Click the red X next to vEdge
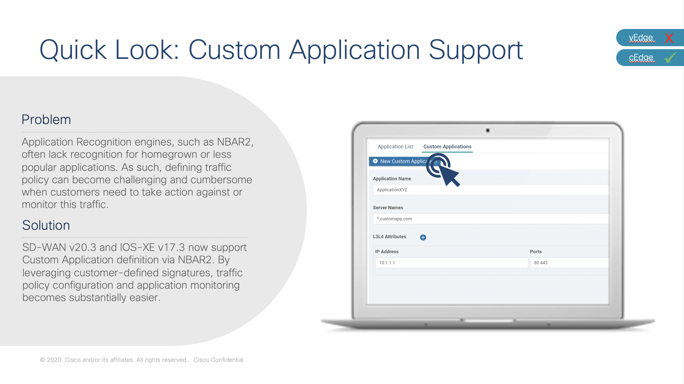point(669,38)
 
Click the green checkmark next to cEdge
point(670,58)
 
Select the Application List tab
point(395,147)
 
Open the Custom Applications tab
point(447,147)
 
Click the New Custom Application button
point(404,161)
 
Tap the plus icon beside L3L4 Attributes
point(423,237)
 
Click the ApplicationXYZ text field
point(491,190)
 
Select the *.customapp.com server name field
point(491,219)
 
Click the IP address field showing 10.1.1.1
point(451,263)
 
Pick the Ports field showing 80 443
point(569,263)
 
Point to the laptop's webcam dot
point(488,130)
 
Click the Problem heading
point(46,119)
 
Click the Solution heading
point(46,225)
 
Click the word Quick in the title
point(73,50)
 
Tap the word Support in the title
point(476,50)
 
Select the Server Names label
point(388,208)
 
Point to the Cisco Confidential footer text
point(218,360)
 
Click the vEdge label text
point(641,38)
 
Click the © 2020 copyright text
point(50,360)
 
